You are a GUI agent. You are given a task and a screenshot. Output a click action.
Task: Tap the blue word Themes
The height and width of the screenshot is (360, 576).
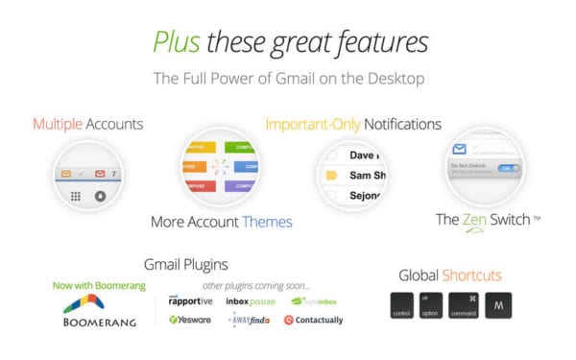(267, 222)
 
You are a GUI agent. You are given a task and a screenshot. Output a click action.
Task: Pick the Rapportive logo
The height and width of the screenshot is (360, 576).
(188, 300)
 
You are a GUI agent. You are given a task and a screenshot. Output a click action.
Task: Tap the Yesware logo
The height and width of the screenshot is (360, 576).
(188, 320)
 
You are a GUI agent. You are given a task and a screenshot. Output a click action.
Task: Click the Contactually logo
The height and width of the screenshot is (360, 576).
(313, 320)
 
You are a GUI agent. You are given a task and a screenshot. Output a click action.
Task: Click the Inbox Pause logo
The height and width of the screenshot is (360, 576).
(250, 300)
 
